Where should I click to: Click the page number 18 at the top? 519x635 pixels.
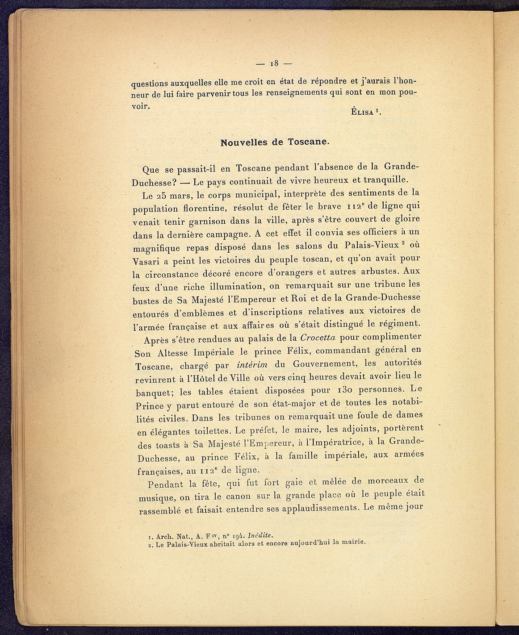coord(274,63)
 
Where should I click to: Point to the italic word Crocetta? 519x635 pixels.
coord(322,337)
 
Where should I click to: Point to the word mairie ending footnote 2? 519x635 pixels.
coord(354,542)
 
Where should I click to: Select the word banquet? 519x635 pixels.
coord(155,393)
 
